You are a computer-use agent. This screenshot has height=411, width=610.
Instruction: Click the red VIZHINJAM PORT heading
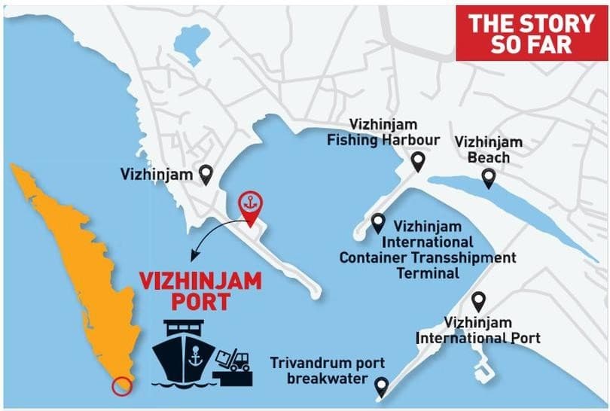point(200,291)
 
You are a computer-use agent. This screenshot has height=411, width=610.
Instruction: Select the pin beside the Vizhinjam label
point(204,175)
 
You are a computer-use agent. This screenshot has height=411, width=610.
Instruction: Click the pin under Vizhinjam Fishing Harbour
point(417,160)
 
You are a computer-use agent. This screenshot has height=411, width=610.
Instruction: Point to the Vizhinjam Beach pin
point(488,178)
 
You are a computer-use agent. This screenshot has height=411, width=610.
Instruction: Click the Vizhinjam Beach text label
point(488,149)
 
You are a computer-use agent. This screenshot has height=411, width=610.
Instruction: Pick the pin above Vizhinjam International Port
point(476,300)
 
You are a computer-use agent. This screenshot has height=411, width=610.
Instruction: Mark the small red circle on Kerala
point(120,387)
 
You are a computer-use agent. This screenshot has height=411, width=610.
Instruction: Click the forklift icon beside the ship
point(234,360)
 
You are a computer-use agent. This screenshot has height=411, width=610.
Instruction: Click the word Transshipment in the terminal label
point(466,257)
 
